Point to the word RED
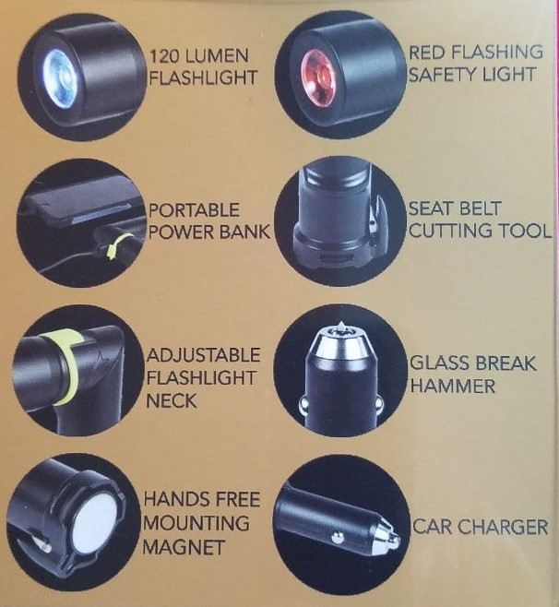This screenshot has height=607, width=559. click(429, 51)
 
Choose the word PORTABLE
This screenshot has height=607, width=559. click(191, 209)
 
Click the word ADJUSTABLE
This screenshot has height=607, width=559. click(203, 356)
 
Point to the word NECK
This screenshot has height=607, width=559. click(172, 402)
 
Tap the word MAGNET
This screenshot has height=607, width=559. click(184, 547)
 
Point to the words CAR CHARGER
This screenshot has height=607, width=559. click(480, 528)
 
